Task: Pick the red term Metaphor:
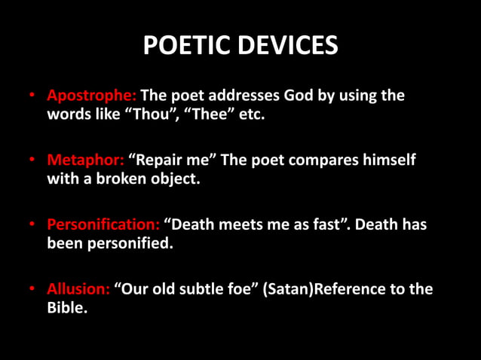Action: tap(86, 161)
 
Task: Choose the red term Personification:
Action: tap(103, 224)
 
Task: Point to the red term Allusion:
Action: tap(79, 289)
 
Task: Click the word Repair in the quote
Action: tap(159, 161)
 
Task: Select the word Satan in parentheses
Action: tap(286, 289)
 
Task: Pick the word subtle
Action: tap(201, 289)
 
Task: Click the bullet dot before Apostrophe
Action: tap(33, 97)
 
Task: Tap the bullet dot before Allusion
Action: tap(33, 290)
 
